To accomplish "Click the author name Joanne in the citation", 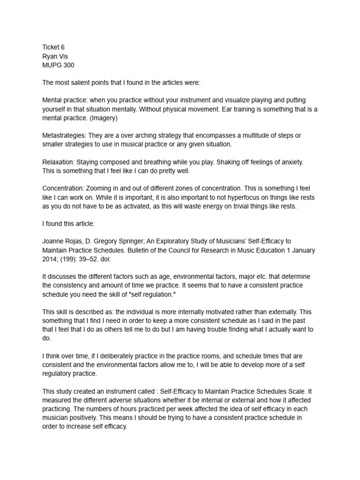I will pyautogui.click(x=54, y=241).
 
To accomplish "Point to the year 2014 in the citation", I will pyautogui.click(x=50, y=258).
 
